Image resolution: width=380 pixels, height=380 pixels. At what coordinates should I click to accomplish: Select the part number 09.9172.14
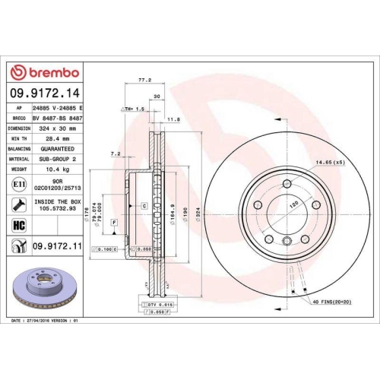(44, 93)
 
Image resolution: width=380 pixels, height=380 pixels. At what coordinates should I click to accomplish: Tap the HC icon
(18, 225)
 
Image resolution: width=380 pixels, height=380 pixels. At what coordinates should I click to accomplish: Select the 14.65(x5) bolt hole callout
(330, 162)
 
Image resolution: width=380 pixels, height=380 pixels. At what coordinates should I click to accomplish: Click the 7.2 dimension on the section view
(115, 154)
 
